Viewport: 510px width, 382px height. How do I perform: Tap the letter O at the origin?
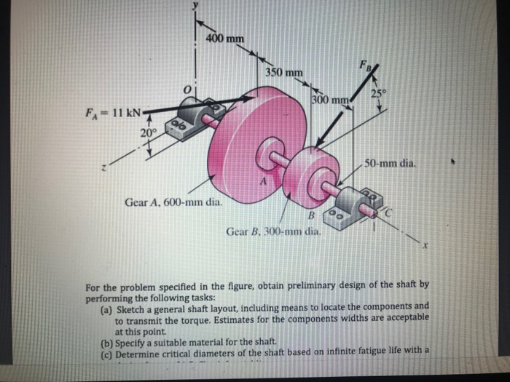pos(187,89)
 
